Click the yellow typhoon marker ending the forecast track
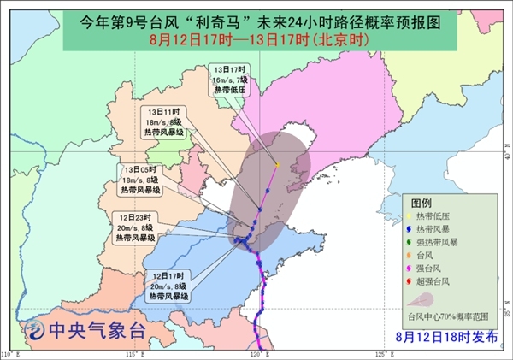point(278,163)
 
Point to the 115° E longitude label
point(133,354)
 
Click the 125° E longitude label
point(381,354)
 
